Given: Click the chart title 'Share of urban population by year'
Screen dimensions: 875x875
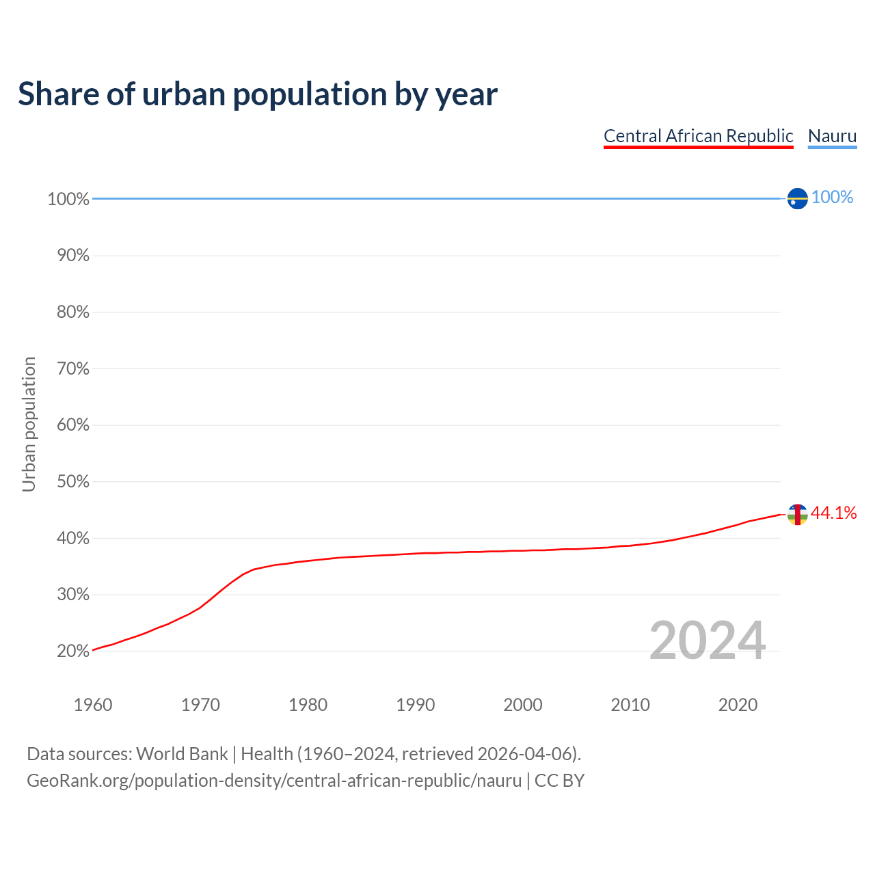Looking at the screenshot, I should (x=258, y=94).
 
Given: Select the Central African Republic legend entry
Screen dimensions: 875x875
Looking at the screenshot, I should (x=698, y=136).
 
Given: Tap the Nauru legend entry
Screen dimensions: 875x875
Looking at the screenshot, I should (x=832, y=136).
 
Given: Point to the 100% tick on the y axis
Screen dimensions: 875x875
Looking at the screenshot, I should (x=68, y=199).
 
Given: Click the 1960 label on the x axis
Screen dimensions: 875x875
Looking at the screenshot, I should (x=93, y=705).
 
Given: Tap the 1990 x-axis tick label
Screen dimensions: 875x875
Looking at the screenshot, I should (x=416, y=705).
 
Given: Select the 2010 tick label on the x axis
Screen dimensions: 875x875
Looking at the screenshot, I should (x=630, y=705).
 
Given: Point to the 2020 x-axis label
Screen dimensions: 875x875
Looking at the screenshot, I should (x=738, y=705).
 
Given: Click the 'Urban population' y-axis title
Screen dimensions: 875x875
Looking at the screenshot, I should (x=29, y=425).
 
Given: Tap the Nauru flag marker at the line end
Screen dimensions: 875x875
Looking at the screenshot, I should (x=797, y=198).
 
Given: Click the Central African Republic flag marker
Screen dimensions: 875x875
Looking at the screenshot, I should (x=797, y=514).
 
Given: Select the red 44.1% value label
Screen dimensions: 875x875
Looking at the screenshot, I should (x=833, y=513).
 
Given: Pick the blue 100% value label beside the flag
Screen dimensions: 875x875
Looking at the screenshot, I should (x=832, y=198).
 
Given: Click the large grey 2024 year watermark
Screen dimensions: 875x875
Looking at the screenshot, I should (x=708, y=641).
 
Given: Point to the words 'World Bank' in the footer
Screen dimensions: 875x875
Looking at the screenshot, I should (x=182, y=754).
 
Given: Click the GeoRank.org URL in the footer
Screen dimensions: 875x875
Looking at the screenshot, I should (x=274, y=781).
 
